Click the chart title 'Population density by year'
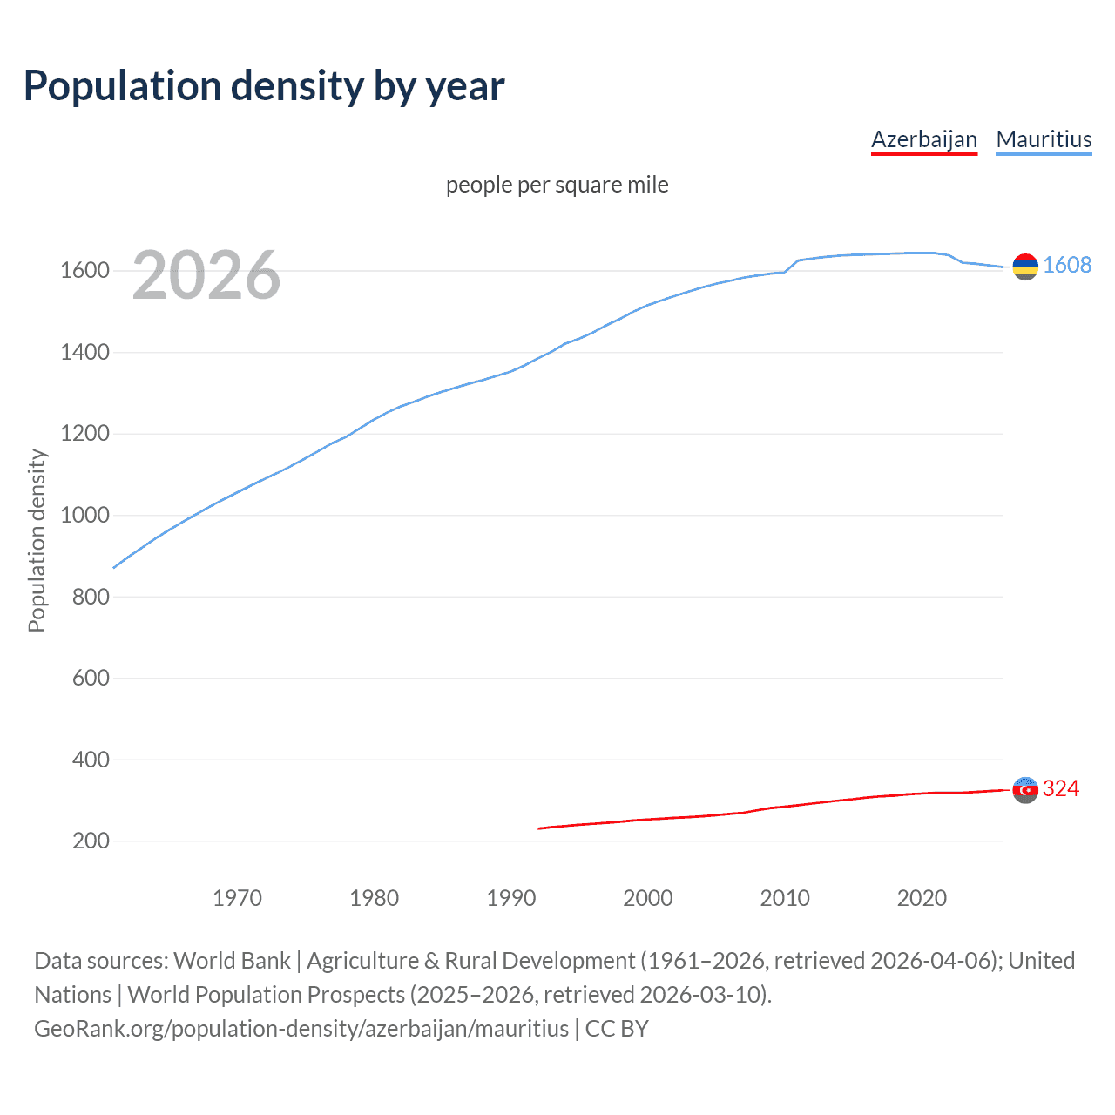click(264, 86)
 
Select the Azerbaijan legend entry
click(923, 139)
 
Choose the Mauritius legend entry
click(1044, 139)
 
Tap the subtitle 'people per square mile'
click(557, 186)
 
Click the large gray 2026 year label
click(206, 275)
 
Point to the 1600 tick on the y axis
click(84, 271)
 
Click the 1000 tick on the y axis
click(84, 516)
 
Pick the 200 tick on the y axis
click(91, 841)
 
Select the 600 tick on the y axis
click(91, 679)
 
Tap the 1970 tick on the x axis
click(237, 898)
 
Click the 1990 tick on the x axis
click(511, 898)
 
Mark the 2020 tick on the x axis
click(922, 898)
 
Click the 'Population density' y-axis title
click(37, 540)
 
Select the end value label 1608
click(1066, 266)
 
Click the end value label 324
click(1060, 789)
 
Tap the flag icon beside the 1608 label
click(1025, 267)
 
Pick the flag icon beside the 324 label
click(1025, 790)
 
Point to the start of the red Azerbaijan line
click(539, 828)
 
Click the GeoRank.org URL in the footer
click(301, 1029)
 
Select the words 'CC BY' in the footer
click(617, 1029)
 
